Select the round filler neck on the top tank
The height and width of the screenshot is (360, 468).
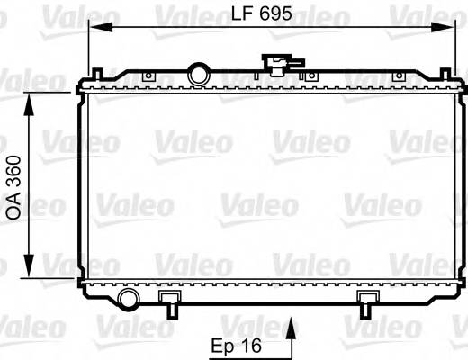(198, 72)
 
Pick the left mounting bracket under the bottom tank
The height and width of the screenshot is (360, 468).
(169, 302)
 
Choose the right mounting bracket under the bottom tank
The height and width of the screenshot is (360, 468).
(367, 302)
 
